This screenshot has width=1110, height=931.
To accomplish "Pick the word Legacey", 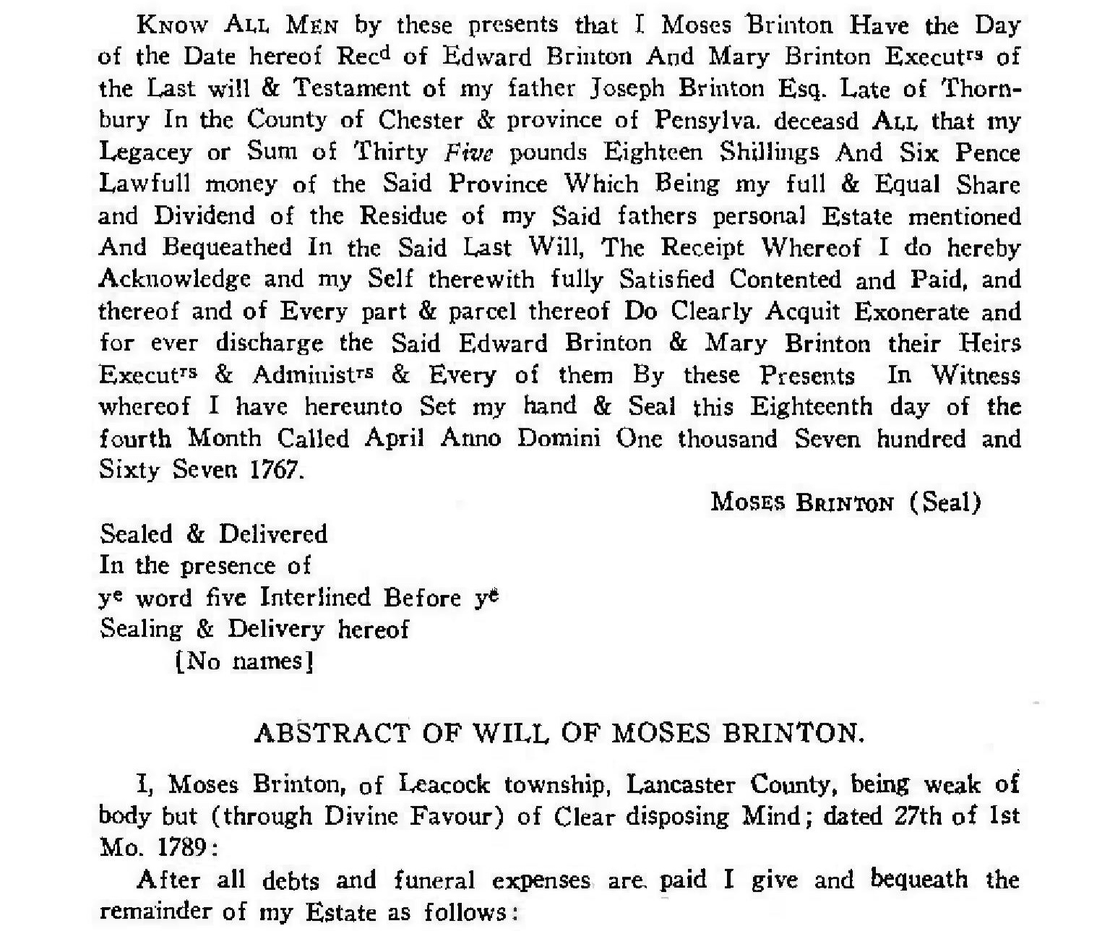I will pyautogui.click(x=145, y=153).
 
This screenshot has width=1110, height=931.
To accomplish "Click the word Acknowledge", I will pyautogui.click(x=175, y=280).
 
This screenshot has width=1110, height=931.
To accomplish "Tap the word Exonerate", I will pyautogui.click(x=911, y=312).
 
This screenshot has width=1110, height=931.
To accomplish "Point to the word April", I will pyautogui.click(x=394, y=439).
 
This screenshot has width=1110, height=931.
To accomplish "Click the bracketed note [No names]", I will pyautogui.click(x=244, y=661).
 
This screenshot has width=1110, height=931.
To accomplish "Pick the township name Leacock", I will pyautogui.click(x=444, y=784).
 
